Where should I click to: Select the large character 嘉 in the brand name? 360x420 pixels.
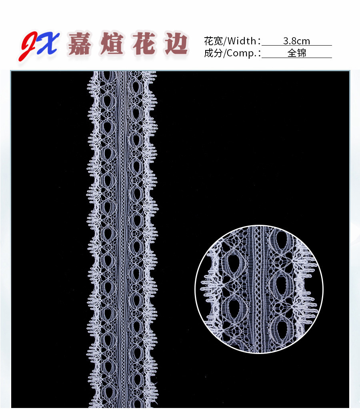click(x=80, y=44)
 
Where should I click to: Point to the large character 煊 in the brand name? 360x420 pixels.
click(x=112, y=44)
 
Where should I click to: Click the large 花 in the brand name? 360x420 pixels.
click(x=144, y=44)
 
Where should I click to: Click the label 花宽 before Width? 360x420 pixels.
click(x=213, y=41)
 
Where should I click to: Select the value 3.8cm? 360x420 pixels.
click(x=296, y=41)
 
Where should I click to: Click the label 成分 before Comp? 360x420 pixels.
click(x=213, y=53)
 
